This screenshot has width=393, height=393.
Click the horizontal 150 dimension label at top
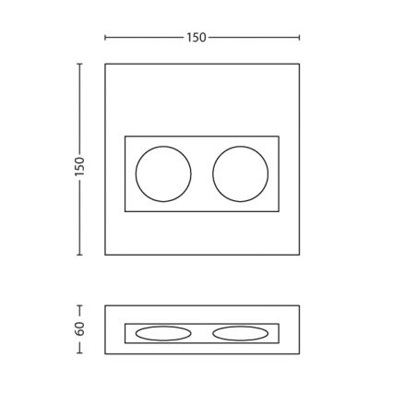pos(196,38)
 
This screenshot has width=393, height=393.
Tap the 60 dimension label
pos(79,328)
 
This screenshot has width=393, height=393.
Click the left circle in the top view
pos(163,173)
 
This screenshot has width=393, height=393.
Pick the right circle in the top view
pos(241,173)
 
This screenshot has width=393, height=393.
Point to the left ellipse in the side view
pos(163,333)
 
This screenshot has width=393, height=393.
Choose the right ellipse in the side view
pos(241,333)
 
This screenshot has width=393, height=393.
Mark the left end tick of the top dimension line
pos(105,38)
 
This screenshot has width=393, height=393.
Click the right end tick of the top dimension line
pos(299,38)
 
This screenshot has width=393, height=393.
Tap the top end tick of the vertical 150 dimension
pos(79,64)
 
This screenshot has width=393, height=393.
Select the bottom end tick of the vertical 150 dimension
pos(79,255)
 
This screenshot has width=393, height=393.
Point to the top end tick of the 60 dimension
pos(79,306)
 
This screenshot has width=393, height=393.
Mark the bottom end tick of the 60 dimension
pos(79,353)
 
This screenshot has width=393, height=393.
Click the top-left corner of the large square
pos(105,64)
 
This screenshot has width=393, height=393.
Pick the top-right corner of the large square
pos(299,64)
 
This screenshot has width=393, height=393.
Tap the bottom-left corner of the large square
pos(105,255)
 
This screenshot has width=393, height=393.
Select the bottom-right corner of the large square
pos(299,255)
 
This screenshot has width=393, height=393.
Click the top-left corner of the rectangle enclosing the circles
pos(125,137)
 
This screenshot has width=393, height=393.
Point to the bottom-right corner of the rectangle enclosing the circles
pos(279,211)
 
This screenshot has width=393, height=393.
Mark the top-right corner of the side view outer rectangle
pos(299,306)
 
